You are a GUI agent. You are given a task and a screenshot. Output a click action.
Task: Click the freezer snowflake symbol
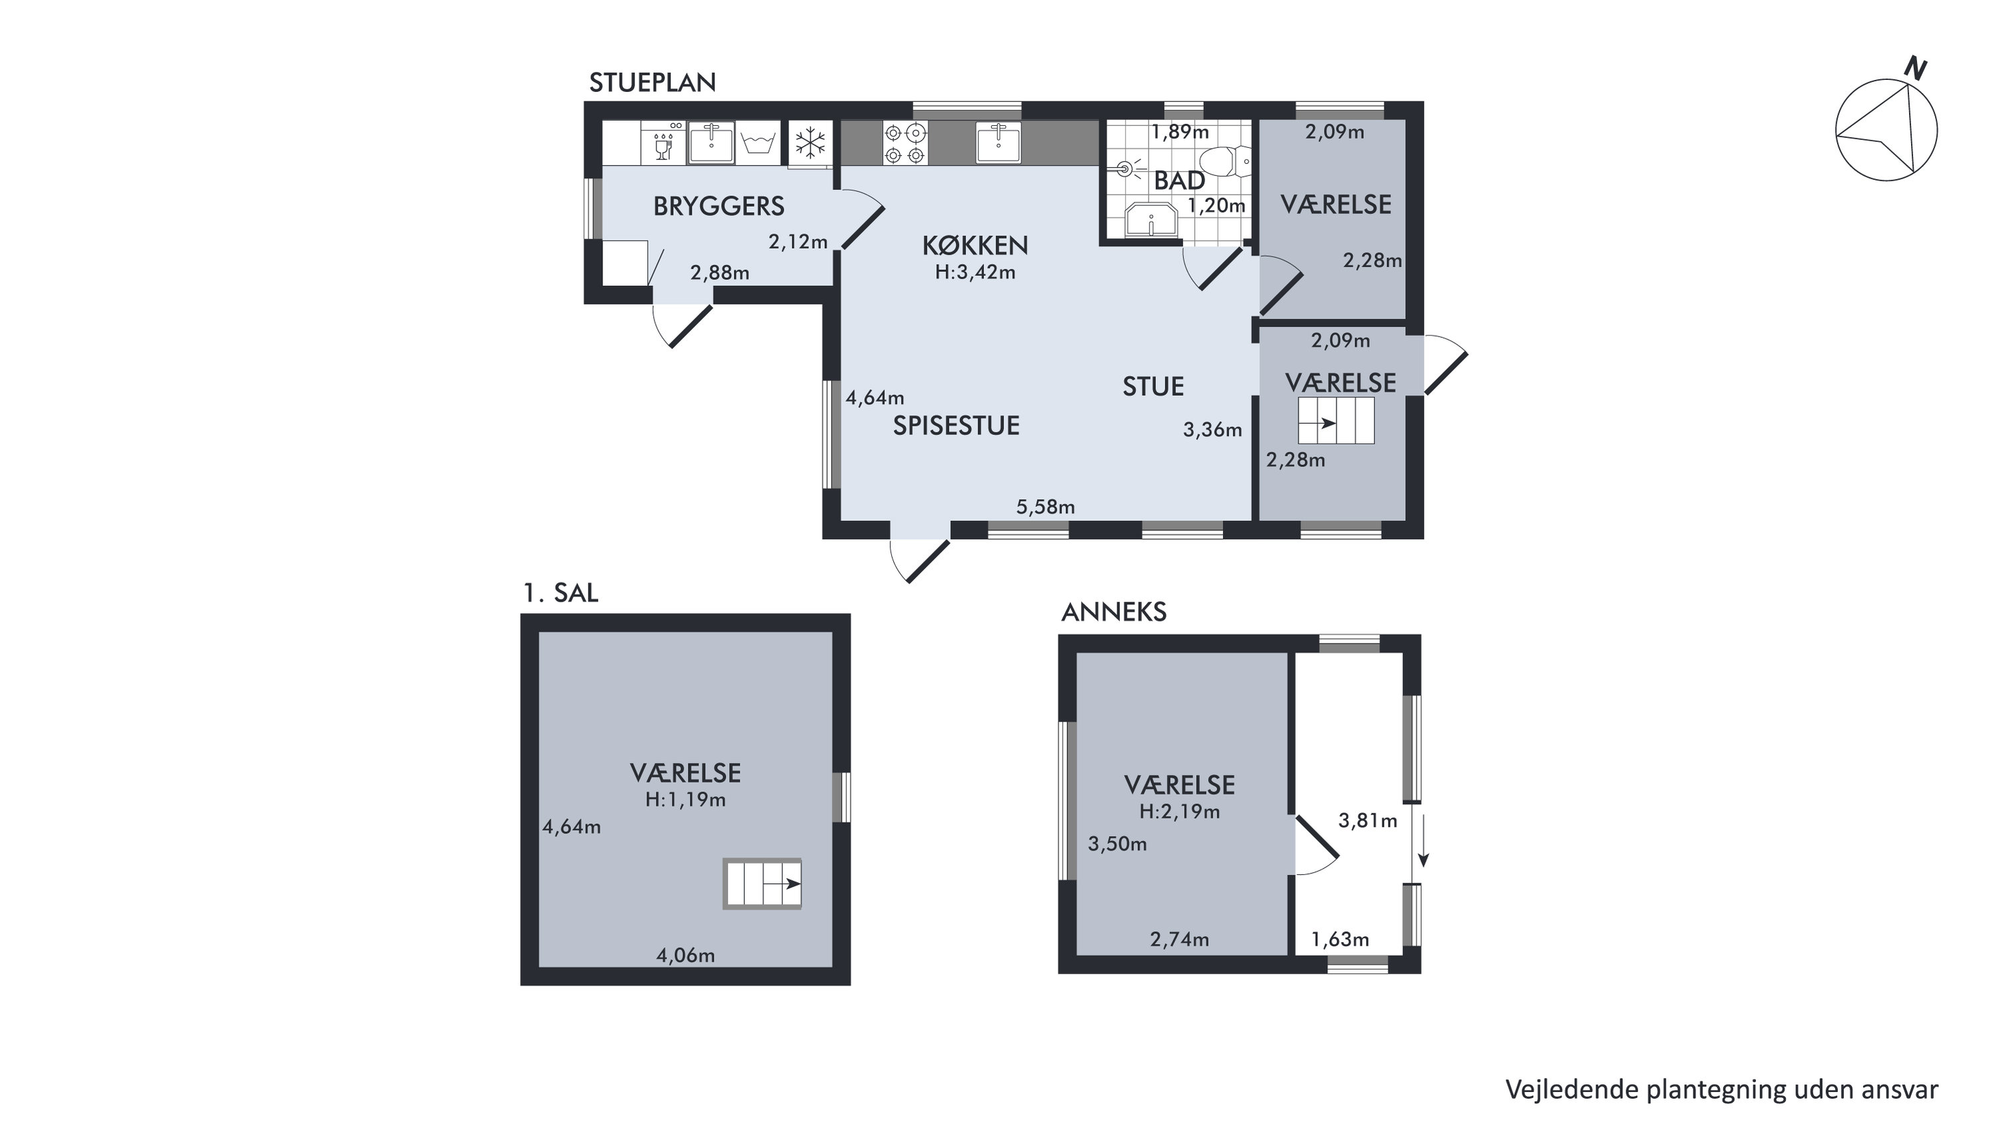click(811, 143)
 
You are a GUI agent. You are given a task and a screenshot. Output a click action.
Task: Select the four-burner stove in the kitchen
click(905, 143)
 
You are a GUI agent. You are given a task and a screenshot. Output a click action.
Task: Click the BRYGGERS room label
click(719, 207)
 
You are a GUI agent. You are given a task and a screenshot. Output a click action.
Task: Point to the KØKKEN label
click(975, 246)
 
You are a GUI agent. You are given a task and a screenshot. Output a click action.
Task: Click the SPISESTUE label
click(956, 426)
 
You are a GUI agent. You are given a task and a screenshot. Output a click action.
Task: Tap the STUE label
click(1153, 387)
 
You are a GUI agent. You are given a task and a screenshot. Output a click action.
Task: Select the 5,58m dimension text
click(1045, 507)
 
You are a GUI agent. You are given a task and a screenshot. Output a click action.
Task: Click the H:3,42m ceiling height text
click(975, 273)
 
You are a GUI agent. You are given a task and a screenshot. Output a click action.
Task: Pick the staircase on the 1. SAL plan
click(762, 883)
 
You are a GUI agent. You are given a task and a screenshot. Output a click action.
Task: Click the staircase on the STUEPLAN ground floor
click(1336, 421)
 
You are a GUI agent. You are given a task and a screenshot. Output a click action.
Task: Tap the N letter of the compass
click(1915, 70)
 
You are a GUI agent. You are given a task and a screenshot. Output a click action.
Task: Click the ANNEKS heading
click(1114, 613)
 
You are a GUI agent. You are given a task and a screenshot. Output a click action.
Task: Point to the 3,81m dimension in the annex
click(1367, 821)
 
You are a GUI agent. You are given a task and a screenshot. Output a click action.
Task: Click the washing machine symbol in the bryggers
click(758, 143)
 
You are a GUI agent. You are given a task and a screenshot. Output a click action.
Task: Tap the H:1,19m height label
click(685, 800)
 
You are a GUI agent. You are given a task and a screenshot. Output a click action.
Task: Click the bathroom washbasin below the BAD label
click(1152, 219)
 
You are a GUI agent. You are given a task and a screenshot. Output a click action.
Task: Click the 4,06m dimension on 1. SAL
click(685, 955)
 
